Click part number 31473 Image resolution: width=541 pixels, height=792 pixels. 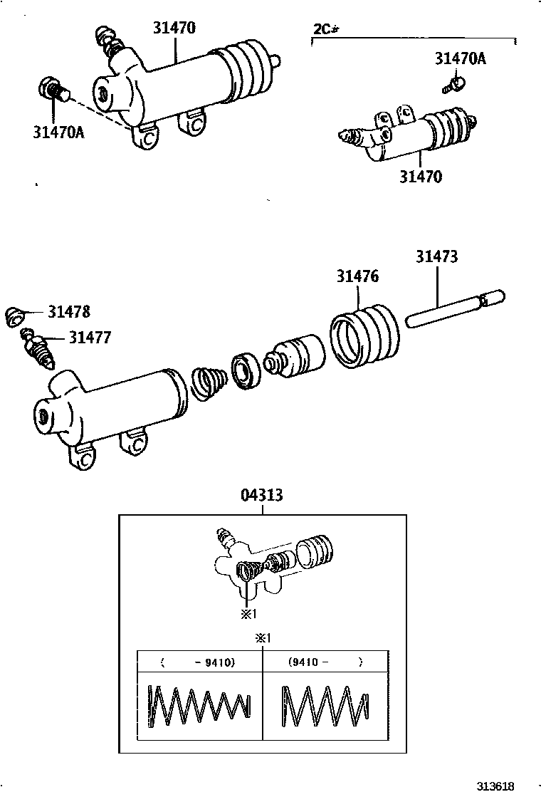tap(436, 256)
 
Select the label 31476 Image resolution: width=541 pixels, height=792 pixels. tap(357, 276)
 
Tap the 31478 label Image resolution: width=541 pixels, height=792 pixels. tap(69, 311)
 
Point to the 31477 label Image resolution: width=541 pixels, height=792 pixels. tap(90, 338)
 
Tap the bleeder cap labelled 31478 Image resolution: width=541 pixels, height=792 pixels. tap(15, 316)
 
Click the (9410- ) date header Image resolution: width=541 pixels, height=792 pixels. tap(325, 662)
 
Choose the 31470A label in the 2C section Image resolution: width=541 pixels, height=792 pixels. tap(460, 58)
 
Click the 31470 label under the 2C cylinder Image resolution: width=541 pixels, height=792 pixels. tap(419, 177)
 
